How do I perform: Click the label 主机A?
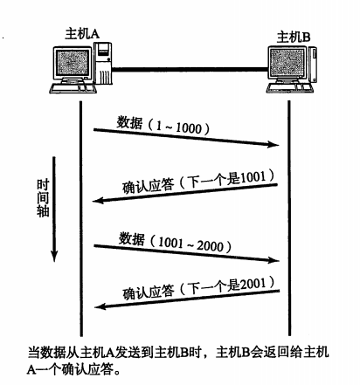[82, 33]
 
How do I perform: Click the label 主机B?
[294, 38]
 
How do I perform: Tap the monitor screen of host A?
[73, 62]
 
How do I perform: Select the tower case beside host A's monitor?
[102, 63]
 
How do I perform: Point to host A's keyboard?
[73, 88]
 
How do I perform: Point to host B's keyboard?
[289, 88]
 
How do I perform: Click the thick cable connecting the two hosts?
[190, 69]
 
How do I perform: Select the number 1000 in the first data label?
[189, 128]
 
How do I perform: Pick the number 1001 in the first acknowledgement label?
[253, 177]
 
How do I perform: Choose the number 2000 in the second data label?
[210, 246]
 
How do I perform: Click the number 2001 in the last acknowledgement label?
[253, 284]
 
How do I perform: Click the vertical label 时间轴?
[43, 198]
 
